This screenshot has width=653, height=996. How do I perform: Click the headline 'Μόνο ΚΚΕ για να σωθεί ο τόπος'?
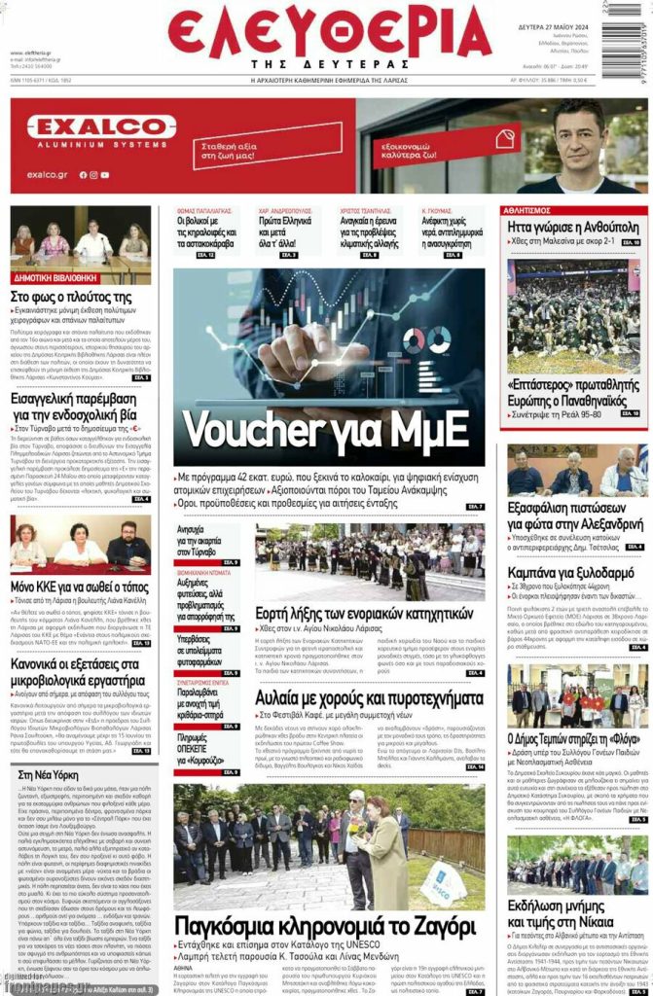tap(80, 587)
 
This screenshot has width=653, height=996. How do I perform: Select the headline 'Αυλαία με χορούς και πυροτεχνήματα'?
tap(369, 697)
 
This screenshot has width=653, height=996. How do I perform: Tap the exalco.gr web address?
tap(47, 174)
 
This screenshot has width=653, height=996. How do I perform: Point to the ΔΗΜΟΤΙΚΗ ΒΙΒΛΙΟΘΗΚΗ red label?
tap(54, 276)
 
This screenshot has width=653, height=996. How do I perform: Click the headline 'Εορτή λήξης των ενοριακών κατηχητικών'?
tap(363, 613)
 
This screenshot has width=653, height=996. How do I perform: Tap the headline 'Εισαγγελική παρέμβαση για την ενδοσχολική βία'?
tap(80, 408)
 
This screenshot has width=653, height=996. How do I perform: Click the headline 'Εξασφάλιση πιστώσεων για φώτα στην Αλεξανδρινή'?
tap(575, 516)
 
